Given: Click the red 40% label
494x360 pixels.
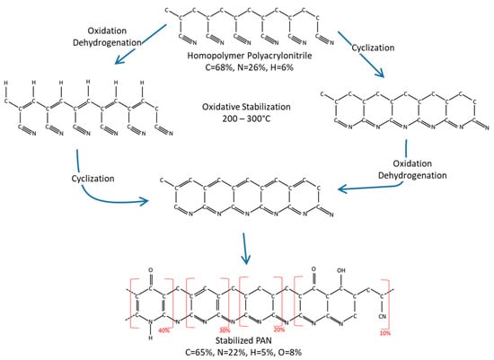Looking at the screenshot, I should tap(164, 331).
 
